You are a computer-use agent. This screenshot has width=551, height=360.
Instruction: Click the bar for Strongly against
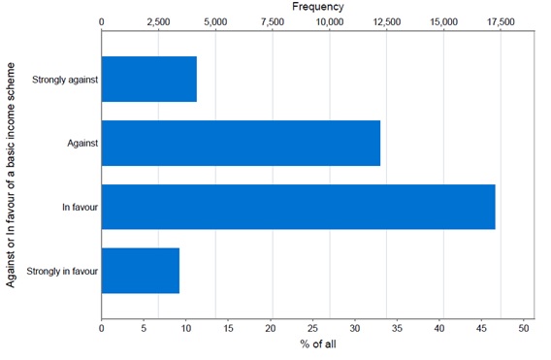click(x=148, y=79)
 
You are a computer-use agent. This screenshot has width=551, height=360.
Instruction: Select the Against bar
click(x=241, y=143)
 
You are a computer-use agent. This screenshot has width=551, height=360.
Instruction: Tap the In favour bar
click(x=298, y=207)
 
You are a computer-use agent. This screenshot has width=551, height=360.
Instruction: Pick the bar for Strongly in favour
click(x=141, y=271)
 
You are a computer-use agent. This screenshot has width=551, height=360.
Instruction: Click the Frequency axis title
click(x=317, y=7)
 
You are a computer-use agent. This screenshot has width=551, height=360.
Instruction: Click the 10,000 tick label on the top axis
click(x=330, y=20)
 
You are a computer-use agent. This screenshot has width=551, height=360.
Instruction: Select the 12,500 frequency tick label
click(x=387, y=20)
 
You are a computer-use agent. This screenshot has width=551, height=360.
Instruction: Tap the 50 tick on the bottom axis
click(x=525, y=329)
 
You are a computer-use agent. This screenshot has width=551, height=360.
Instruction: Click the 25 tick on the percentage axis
click(x=313, y=329)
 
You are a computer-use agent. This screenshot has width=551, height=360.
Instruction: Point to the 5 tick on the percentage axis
click(x=144, y=329)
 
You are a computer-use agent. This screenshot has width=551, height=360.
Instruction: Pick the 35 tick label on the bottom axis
click(x=398, y=329)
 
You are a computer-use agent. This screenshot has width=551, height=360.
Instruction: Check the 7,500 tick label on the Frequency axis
click(x=273, y=20)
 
